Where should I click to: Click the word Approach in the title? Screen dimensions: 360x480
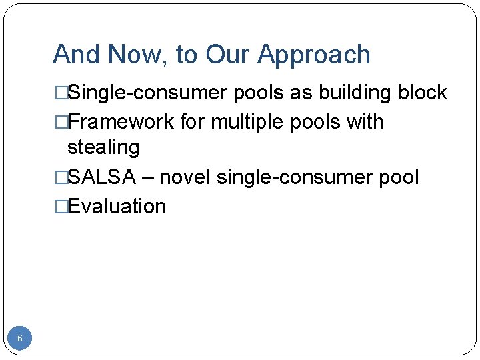[x=315, y=55]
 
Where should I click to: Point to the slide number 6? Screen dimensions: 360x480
[x=20, y=339]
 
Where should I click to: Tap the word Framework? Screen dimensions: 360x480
[x=123, y=122]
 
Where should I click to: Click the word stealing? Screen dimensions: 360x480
[x=103, y=147]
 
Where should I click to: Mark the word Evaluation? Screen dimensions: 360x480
[x=117, y=207]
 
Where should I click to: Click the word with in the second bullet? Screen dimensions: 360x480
[x=366, y=122]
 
